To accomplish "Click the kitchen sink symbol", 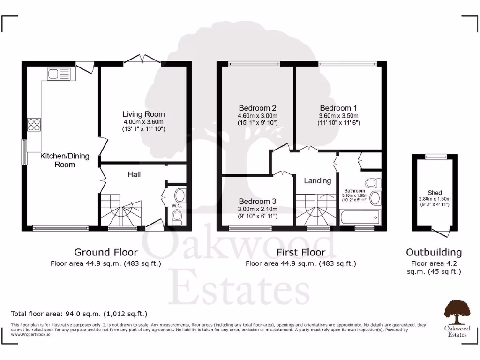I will point(59,74).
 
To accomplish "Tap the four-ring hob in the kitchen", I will point(34,125).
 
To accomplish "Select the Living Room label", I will point(143,114).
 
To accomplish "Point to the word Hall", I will point(134,174).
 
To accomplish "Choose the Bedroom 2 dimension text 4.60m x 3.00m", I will point(258,116).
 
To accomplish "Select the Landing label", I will point(317,180).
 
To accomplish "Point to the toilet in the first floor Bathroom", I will point(373,182).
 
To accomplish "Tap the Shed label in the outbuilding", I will point(435,193).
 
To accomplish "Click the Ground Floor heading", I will point(105,252).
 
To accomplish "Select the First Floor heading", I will point(301,252).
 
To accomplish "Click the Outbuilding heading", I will point(434,252).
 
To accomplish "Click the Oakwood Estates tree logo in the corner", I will point(457,312).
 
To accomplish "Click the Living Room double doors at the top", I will point(142,60).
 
